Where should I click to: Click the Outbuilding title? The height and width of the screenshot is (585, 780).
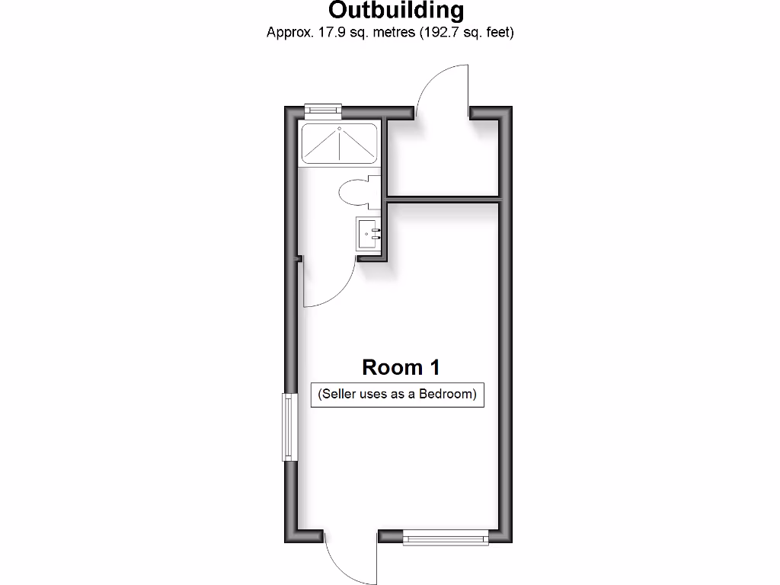395,11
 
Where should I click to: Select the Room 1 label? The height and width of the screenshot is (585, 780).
401,367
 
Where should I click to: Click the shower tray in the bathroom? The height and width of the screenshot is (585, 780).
339,143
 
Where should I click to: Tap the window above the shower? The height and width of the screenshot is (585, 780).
322,111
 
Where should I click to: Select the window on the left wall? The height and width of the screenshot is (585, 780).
289,427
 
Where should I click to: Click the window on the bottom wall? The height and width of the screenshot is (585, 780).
445,538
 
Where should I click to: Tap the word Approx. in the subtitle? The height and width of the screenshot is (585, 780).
288,33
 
